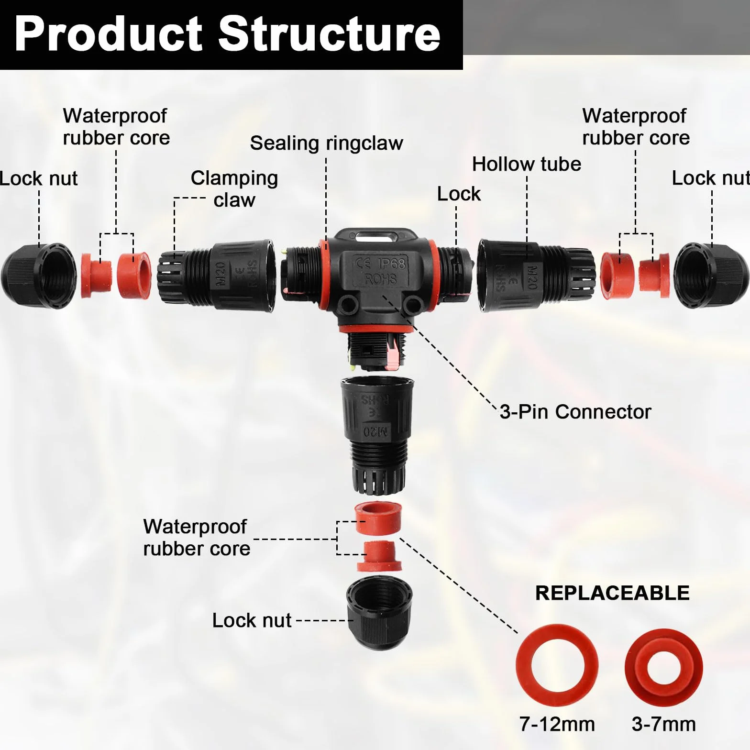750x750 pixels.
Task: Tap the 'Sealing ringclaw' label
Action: click(326, 143)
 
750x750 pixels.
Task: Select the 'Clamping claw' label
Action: click(234, 189)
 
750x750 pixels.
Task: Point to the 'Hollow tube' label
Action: click(527, 164)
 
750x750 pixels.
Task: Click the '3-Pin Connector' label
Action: click(575, 411)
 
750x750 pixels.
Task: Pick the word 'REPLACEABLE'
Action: click(612, 593)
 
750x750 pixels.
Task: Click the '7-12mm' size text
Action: click(557, 724)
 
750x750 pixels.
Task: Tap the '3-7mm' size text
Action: click(663, 724)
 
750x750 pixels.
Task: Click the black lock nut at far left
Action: click(38, 276)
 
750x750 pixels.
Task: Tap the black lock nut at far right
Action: click(711, 276)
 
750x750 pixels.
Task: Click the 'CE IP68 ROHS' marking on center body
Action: click(381, 270)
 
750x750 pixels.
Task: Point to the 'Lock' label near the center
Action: click(459, 194)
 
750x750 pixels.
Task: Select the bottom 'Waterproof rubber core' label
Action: click(197, 538)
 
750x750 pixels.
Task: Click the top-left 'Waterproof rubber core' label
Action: click(116, 127)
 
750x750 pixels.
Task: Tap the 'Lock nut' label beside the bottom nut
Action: click(252, 620)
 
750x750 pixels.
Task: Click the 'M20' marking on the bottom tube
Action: click(375, 431)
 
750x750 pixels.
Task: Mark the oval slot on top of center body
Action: click(374, 236)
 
